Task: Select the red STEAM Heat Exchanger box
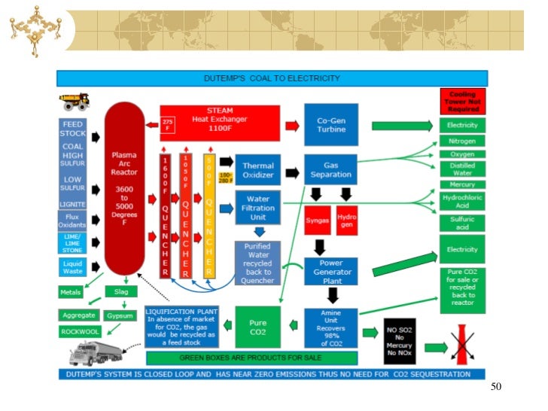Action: coord(220,123)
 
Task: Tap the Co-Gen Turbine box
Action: coord(330,124)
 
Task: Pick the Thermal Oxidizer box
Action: coord(257,170)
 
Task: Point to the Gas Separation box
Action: coord(330,169)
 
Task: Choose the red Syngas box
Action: coord(317,221)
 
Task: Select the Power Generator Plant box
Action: coord(330,271)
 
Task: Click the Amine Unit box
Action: coord(330,327)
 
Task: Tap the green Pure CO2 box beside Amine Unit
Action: coord(257,327)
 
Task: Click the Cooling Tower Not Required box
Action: coord(463,101)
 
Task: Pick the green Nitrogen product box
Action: coord(463,141)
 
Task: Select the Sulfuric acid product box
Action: coord(463,222)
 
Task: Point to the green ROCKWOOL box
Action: coord(79,331)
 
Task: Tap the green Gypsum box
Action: coord(120,315)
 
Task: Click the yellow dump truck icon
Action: coord(75,102)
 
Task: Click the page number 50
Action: coord(495,387)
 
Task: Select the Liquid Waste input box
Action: coord(73,266)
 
